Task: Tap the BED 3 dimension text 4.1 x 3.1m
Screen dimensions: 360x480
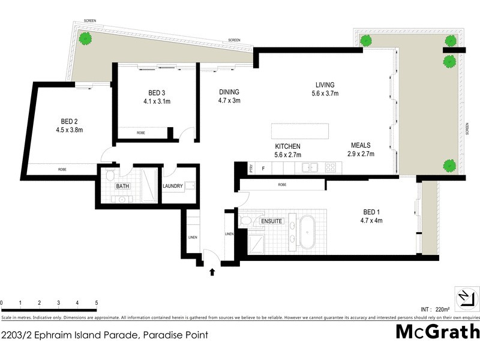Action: [157, 101]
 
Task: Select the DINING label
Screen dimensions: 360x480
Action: [229, 92]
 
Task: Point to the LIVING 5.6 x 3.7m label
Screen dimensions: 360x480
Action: [325, 89]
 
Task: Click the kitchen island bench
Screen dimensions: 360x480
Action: [300, 131]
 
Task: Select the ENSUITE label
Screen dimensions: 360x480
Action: [271, 221]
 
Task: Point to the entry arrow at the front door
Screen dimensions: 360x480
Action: [211, 272]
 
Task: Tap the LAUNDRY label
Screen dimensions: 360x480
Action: [173, 187]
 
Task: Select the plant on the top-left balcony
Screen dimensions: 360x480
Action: [86, 39]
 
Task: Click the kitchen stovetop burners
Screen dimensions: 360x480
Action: [331, 168]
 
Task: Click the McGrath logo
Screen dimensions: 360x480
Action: [437, 331]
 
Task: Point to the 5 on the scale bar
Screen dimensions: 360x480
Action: [96, 303]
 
